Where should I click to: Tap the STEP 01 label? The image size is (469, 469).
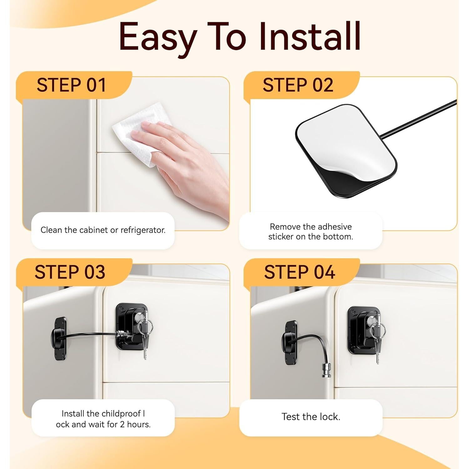coord(71,85)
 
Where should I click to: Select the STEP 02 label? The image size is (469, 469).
coord(298,85)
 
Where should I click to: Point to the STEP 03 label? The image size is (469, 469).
coord(70,272)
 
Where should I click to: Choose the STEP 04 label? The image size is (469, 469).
coord(300,272)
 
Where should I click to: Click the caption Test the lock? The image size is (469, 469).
coord(311,416)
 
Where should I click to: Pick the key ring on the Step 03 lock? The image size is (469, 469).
coord(148,326)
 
